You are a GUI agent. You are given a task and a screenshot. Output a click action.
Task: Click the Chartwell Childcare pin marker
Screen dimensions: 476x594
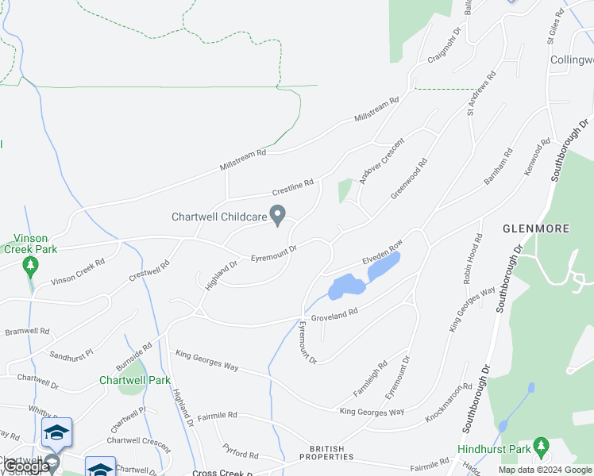[278, 214]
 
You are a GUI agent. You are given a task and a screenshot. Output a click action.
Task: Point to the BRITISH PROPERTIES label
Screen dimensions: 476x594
[327, 452]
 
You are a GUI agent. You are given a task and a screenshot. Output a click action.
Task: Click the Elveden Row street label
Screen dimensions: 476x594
[384, 251]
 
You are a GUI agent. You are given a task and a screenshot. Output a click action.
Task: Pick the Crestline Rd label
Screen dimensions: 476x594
[293, 187]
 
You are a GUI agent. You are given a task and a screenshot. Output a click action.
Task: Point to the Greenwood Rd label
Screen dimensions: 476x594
[409, 178]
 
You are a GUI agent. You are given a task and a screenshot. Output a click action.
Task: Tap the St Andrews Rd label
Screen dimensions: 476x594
[481, 94]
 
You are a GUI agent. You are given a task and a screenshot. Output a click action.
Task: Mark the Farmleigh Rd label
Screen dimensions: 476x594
[371, 380]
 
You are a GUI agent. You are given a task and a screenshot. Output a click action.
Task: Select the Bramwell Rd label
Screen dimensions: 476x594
[28, 331]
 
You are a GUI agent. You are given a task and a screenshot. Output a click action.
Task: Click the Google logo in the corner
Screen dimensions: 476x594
[26, 466]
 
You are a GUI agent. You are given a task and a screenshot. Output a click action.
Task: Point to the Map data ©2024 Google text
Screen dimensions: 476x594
[545, 470]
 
